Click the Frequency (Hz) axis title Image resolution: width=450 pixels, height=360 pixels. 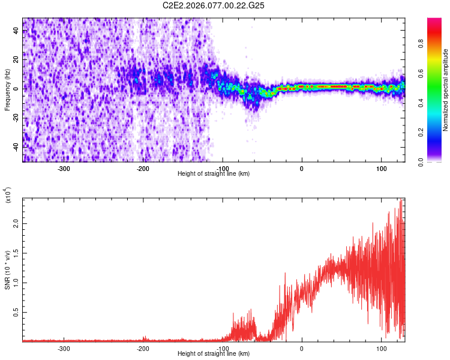7,89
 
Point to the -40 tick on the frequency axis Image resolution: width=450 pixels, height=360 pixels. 16,146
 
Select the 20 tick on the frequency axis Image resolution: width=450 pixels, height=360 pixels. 16,59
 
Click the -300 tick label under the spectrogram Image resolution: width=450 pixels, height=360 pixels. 64,168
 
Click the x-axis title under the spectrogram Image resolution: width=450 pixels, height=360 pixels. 214,174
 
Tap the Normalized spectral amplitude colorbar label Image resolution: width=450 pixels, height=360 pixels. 446,89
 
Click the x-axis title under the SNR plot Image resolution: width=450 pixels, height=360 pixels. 214,354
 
